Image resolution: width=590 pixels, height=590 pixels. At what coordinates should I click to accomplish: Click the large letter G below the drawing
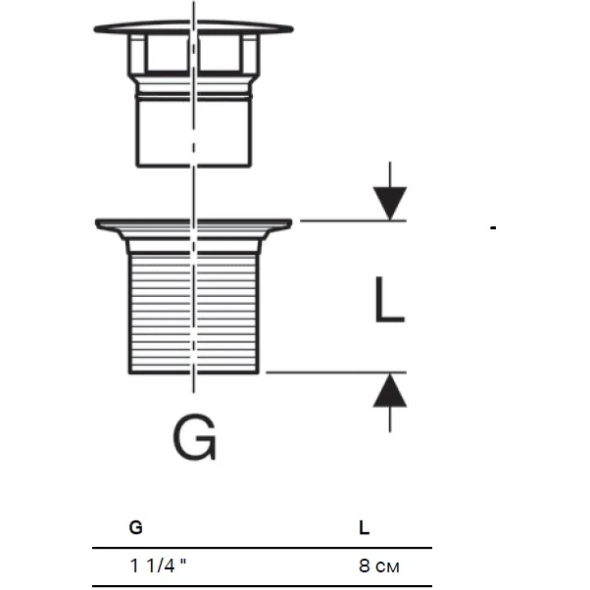(x=195, y=437)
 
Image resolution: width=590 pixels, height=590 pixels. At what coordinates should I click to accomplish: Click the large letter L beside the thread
(x=389, y=300)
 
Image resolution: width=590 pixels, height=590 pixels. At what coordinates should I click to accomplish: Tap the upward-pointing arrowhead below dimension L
(x=390, y=390)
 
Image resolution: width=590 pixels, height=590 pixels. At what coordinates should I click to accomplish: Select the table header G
(x=136, y=527)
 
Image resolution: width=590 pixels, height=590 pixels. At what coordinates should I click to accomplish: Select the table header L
(x=365, y=527)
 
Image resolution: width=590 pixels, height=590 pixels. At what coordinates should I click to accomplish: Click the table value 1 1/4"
(x=158, y=565)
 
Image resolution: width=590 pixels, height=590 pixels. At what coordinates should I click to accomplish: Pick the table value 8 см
(x=379, y=565)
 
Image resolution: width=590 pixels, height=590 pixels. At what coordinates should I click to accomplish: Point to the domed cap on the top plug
(x=193, y=27)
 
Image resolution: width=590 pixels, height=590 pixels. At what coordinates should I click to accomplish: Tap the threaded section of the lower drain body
(x=194, y=313)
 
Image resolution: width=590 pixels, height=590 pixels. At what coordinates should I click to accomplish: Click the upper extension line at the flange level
(x=353, y=221)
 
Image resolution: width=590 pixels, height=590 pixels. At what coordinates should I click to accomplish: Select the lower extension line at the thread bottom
(x=336, y=372)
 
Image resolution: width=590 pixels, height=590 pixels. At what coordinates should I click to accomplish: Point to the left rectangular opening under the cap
(x=168, y=53)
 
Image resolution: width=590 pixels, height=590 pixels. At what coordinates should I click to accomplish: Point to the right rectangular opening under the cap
(x=220, y=53)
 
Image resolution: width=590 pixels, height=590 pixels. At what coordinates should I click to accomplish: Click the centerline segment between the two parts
(x=194, y=192)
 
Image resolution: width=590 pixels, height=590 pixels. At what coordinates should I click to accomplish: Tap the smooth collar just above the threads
(x=194, y=245)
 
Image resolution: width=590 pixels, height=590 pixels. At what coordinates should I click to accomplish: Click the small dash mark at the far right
(x=493, y=227)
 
